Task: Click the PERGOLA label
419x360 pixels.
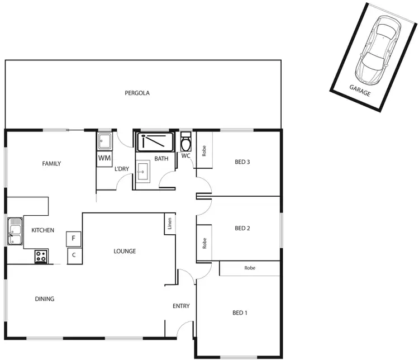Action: [x=137, y=93]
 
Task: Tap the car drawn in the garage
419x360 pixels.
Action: [x=378, y=49]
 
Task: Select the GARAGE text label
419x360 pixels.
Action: [x=360, y=91]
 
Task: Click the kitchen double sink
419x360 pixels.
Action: [x=15, y=231]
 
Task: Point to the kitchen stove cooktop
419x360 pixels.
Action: [x=41, y=257]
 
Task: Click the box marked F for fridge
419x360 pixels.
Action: [x=74, y=239]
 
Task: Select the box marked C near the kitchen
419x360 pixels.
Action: [x=74, y=256]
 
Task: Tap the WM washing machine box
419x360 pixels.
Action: [x=104, y=158]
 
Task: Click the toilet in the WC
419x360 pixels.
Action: [x=186, y=144]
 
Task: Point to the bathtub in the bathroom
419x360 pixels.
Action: [x=156, y=141]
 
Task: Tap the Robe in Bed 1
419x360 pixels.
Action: [x=249, y=268]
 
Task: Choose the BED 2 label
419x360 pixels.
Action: [x=242, y=228]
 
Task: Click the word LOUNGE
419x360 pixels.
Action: [x=125, y=252]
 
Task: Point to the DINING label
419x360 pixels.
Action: [x=45, y=299]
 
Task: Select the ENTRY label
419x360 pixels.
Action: [x=181, y=306]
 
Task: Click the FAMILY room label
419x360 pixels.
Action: [x=51, y=164]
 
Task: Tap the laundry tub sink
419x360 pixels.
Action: [x=104, y=140]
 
